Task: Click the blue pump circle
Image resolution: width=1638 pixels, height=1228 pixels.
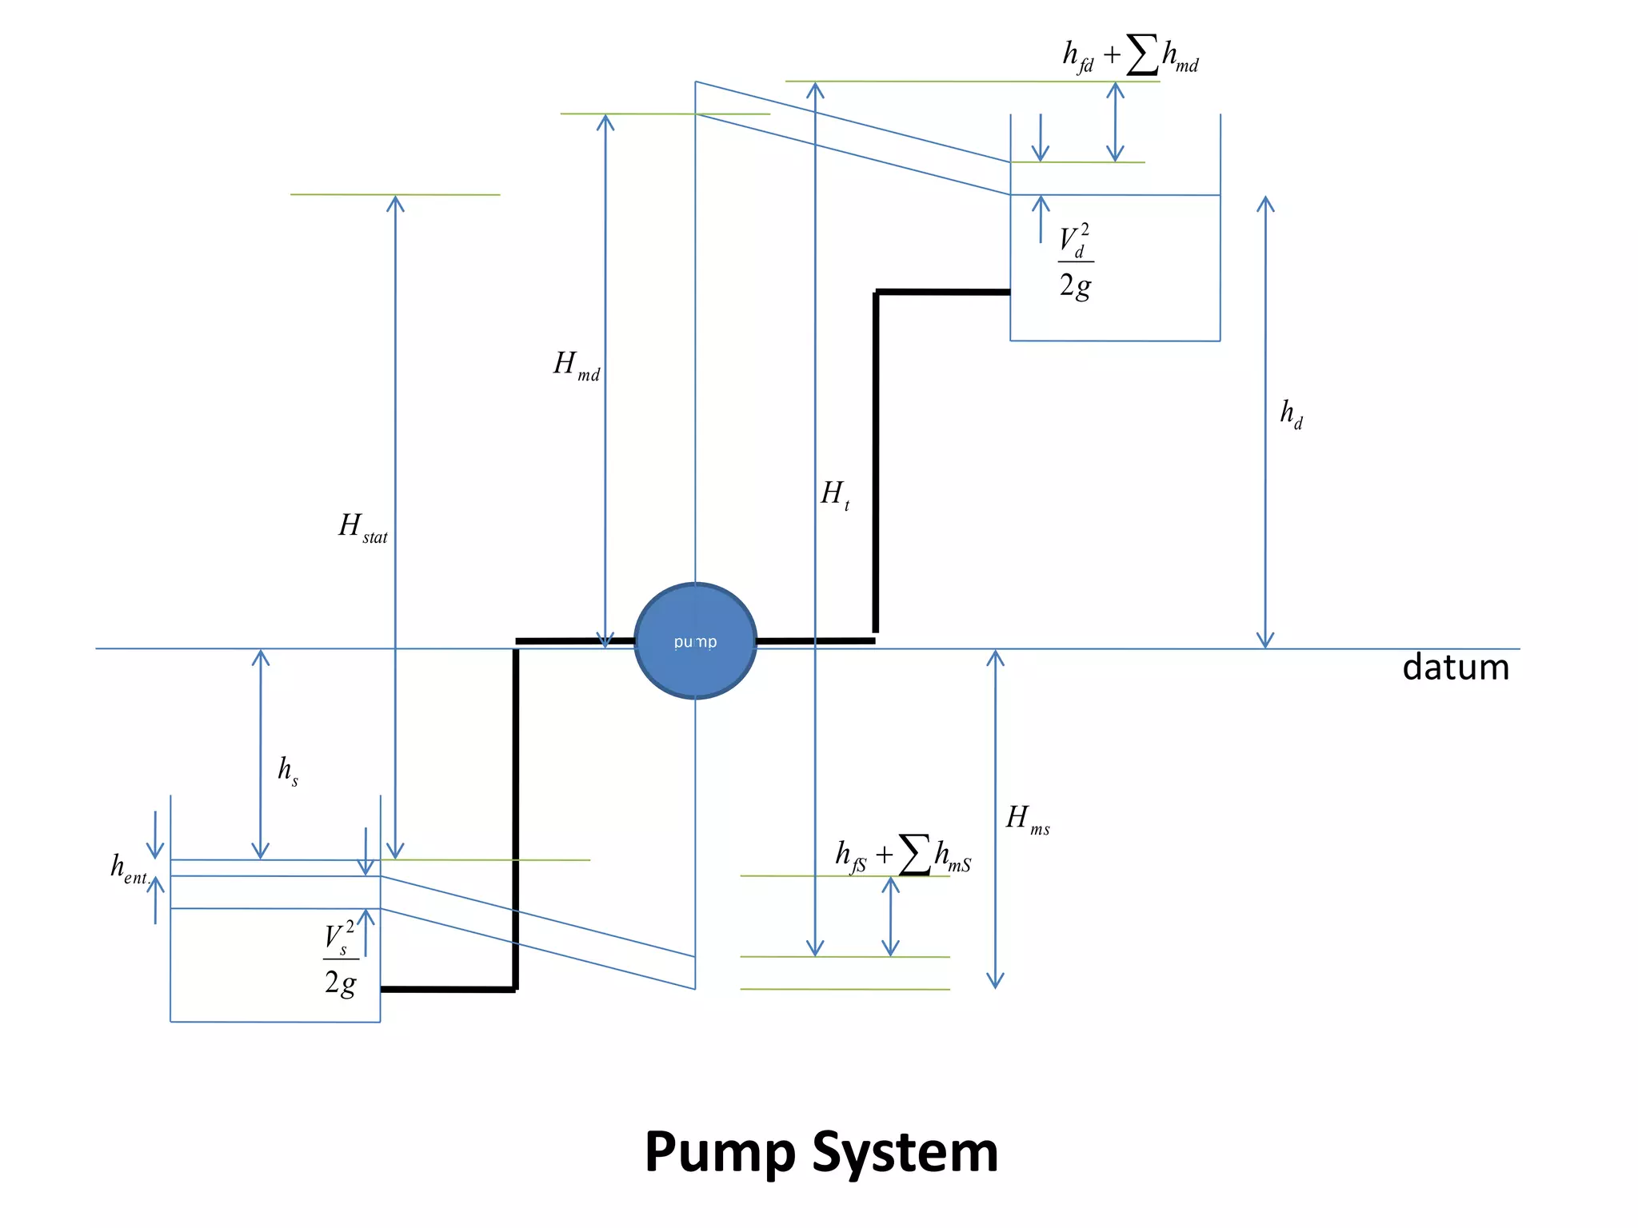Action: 695,641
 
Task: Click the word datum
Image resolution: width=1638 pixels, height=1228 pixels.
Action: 1455,668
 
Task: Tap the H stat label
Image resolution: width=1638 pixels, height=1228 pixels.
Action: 362,528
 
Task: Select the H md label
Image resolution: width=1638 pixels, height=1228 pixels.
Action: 577,365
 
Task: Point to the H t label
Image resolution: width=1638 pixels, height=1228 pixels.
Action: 835,494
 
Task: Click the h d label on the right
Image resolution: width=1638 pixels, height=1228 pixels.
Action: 1291,413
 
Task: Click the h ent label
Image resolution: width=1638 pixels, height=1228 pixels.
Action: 129,868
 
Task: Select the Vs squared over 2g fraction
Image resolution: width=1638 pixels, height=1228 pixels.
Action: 341,959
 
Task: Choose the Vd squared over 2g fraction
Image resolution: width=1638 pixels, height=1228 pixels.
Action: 1076,261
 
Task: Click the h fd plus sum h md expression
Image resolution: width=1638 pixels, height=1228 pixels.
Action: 1130,55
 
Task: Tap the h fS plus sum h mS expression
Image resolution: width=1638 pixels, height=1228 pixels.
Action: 903,855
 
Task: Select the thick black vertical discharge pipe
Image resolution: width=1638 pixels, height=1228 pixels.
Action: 876,464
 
